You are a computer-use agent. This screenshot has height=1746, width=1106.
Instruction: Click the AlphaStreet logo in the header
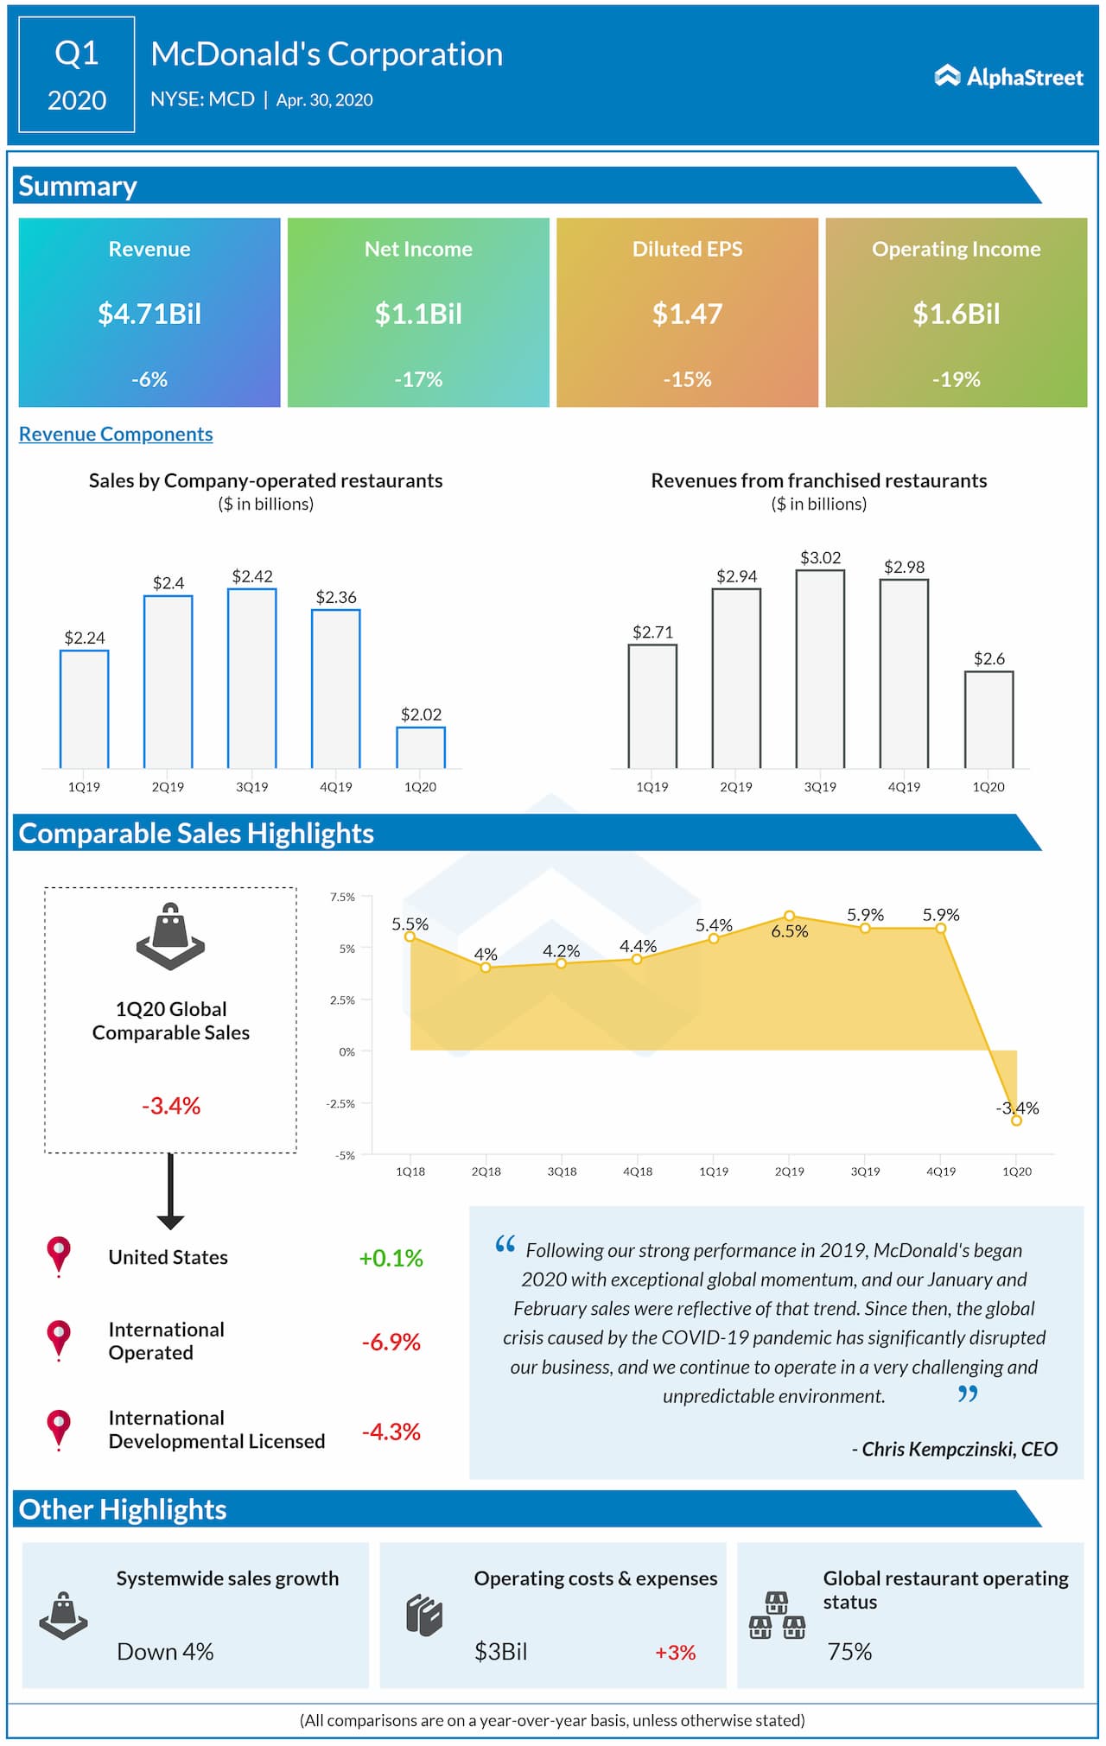click(1008, 77)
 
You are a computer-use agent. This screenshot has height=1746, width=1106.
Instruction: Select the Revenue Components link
click(116, 434)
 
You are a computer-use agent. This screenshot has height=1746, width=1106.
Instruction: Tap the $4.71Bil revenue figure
click(149, 314)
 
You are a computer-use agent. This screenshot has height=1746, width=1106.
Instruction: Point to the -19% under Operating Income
click(956, 379)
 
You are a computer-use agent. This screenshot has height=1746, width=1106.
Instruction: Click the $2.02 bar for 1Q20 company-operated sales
click(421, 747)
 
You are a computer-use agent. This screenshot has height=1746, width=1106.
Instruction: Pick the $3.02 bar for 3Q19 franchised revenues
click(820, 670)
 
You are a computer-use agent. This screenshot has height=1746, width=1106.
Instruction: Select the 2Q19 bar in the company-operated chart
click(168, 682)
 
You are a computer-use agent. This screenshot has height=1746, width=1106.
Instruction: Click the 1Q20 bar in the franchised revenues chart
click(988, 720)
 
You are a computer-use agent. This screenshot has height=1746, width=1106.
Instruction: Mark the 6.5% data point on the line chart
click(789, 916)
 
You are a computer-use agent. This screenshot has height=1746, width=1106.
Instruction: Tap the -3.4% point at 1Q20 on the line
click(1016, 1121)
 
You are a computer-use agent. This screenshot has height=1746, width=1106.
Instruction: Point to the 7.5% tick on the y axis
click(342, 897)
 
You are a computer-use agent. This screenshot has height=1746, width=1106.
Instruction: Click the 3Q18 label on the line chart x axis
click(562, 1171)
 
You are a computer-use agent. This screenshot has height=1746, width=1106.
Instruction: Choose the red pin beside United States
click(59, 1254)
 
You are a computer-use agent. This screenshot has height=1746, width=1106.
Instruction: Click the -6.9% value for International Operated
click(391, 1342)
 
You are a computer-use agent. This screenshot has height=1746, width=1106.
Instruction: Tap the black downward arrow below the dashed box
click(170, 1192)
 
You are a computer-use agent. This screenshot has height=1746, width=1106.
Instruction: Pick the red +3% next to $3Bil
click(675, 1652)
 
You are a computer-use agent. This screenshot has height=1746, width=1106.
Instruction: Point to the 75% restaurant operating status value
click(849, 1651)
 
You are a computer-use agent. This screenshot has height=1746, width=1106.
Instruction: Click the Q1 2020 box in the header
click(77, 75)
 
